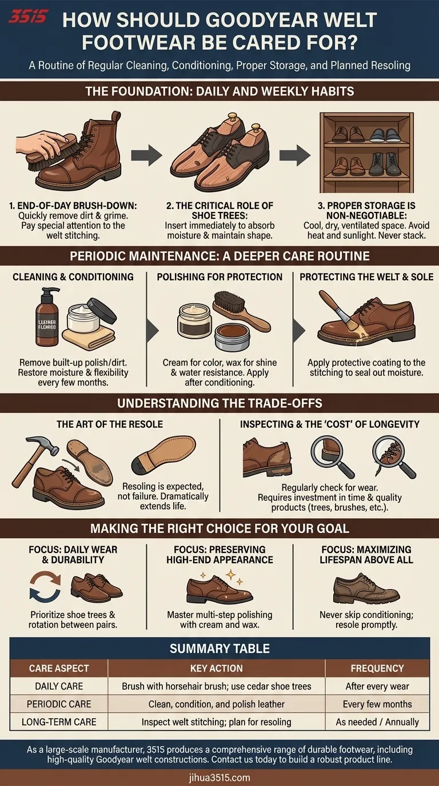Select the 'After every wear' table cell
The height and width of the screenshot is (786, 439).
coord(377,686)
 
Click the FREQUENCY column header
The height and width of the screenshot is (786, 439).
coord(377,668)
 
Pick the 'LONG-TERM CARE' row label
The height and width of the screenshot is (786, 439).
coord(59,721)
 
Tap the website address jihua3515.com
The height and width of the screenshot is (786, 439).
coord(219,777)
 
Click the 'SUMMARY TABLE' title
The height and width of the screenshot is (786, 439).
coord(219,649)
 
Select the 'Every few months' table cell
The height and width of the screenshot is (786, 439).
coord(377,704)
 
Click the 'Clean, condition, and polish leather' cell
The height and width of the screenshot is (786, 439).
coord(217,704)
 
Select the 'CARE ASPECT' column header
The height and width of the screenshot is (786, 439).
coord(59,668)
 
